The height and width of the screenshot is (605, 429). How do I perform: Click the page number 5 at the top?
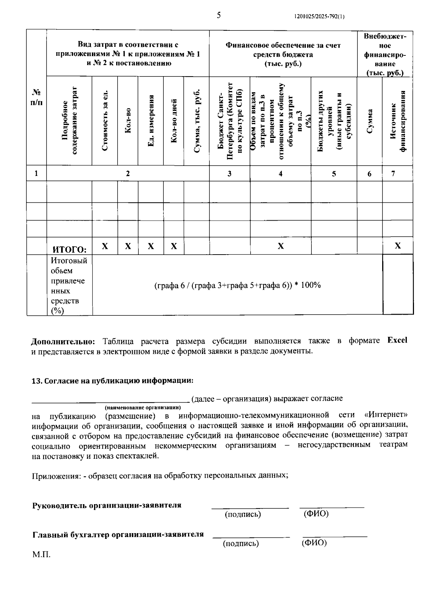[218, 15]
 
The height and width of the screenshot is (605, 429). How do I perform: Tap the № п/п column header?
[36, 97]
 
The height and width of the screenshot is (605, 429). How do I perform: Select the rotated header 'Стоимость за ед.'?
[105, 120]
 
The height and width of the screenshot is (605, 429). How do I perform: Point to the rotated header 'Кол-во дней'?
[174, 120]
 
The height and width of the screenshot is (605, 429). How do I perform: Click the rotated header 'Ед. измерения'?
[151, 120]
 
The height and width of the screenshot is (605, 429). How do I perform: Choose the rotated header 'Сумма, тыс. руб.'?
[196, 120]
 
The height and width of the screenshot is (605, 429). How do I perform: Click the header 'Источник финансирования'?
[398, 120]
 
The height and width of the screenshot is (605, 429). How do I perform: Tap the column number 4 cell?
[281, 174]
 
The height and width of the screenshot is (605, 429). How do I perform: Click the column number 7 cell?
[393, 174]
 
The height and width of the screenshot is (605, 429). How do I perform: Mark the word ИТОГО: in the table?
[70, 249]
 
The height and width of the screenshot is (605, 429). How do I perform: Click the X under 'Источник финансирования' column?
[398, 246]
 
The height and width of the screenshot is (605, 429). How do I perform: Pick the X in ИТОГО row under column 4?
[281, 246]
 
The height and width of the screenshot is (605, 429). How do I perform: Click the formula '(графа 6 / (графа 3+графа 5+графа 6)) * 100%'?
[237, 285]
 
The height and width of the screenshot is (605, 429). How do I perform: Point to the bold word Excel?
[397, 340]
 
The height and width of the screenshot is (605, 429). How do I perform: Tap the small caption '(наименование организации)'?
[143, 408]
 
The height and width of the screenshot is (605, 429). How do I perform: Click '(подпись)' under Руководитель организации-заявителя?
[243, 515]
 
